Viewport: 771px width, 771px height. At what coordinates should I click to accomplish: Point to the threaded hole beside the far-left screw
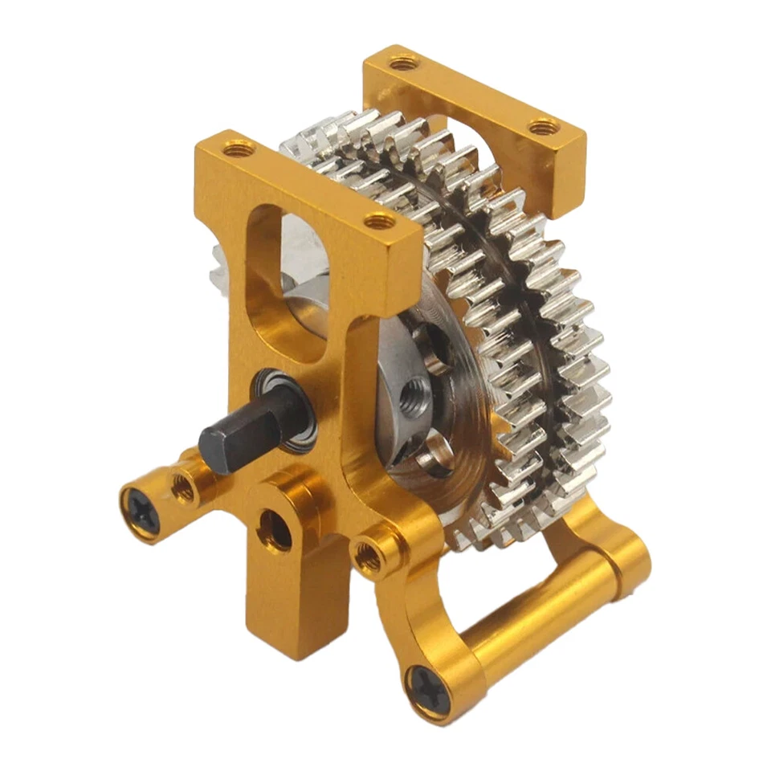tap(184, 487)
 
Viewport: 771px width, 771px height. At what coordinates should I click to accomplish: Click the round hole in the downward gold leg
tap(275, 531)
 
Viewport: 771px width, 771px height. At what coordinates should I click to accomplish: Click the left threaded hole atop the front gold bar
tap(239, 149)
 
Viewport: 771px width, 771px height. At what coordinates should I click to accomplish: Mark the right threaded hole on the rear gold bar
tap(544, 126)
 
